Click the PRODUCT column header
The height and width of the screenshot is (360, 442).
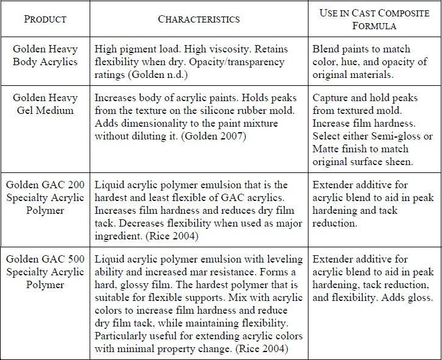[45, 19]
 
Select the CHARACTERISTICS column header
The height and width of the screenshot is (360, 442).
[199, 19]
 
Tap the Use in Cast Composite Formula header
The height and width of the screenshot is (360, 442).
[375, 19]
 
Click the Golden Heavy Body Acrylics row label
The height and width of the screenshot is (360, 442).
[45, 55]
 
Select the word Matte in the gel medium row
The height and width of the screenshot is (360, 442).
[326, 149]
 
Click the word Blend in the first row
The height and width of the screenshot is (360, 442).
[326, 49]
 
